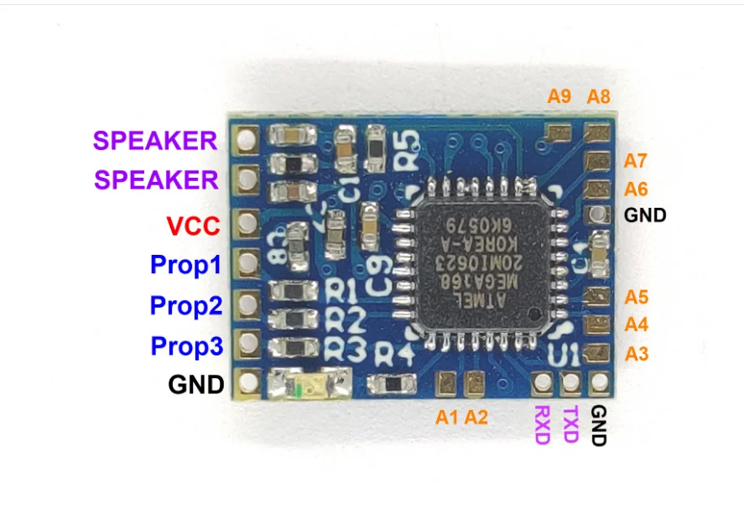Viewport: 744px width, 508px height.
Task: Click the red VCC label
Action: tap(193, 225)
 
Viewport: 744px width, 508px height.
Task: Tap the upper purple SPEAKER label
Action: tap(155, 141)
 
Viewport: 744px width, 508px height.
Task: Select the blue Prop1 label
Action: tap(185, 266)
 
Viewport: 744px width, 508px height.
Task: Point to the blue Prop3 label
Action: tap(185, 345)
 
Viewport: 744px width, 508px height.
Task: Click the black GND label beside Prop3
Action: tap(196, 385)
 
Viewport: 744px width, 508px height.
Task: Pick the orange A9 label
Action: tap(559, 96)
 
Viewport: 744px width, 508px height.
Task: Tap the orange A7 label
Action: tap(637, 160)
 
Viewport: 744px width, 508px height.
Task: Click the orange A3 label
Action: tap(637, 353)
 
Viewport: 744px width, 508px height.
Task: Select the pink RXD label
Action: tap(542, 424)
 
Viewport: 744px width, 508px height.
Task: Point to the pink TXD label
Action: tap(570, 424)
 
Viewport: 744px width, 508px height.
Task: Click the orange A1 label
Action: tap(447, 416)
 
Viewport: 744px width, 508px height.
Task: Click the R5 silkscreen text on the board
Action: tap(407, 148)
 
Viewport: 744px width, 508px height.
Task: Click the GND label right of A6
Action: tap(645, 215)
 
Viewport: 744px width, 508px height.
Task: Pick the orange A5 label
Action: tap(637, 296)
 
